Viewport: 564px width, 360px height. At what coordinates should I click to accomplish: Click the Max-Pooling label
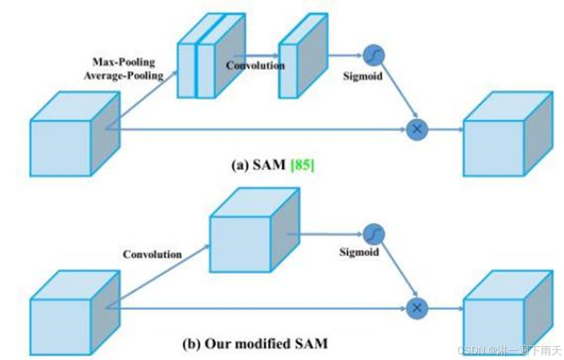[124, 62]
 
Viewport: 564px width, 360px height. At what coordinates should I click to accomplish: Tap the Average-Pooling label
[126, 75]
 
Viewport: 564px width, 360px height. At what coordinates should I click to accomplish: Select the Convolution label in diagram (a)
[255, 65]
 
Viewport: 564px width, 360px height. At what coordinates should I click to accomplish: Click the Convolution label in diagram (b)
[152, 254]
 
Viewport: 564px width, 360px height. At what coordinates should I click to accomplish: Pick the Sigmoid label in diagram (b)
[358, 252]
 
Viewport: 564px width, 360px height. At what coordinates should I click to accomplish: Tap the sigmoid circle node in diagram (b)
[375, 233]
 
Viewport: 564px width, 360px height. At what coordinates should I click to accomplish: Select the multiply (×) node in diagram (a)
[417, 129]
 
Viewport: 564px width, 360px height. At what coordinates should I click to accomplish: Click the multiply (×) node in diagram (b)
[417, 308]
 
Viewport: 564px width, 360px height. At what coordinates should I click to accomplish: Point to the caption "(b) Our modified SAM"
[255, 344]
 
